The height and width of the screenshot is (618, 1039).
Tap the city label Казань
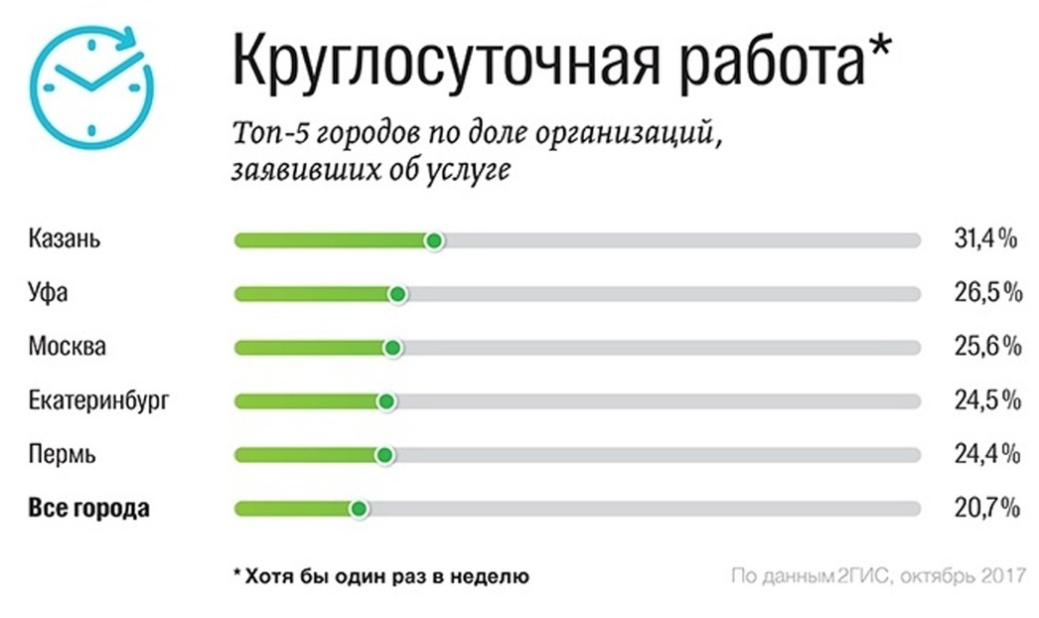pos(66,239)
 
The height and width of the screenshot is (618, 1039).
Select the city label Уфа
pos(50,293)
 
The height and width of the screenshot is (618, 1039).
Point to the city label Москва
pos(68,347)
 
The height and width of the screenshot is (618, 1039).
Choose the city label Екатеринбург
pos(99,401)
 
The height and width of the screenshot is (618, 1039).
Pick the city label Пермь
pos(63,455)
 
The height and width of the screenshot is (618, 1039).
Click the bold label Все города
pos(89,509)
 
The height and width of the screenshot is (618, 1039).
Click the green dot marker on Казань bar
pos(433,240)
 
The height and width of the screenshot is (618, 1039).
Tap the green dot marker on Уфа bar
pos(398,294)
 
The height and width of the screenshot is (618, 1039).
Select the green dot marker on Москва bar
pos(392,348)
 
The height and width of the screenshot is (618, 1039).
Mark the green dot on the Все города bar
pos(359,509)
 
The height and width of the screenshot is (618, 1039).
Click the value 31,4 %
pos(981,239)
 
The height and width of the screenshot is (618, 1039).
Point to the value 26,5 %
pos(983,293)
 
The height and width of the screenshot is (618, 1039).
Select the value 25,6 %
pos(983,347)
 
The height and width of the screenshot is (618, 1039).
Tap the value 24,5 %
pos(983,401)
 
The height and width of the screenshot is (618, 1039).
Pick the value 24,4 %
pos(983,455)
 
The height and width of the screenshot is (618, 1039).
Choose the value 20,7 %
pos(983,509)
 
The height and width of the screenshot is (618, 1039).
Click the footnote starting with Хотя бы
pos(381,575)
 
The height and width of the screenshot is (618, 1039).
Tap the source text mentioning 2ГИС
pos(876,575)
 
